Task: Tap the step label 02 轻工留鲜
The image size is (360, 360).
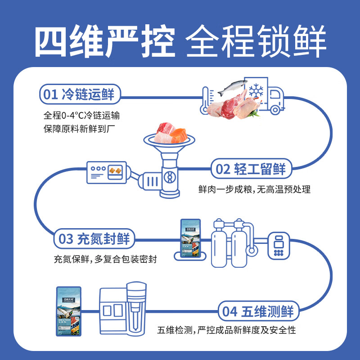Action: [251, 169]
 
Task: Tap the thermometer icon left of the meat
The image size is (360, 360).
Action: [205, 99]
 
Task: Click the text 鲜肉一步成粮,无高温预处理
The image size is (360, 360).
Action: [254, 189]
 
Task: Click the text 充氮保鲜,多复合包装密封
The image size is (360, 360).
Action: [105, 260]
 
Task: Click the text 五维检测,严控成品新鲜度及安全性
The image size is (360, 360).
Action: [227, 330]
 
